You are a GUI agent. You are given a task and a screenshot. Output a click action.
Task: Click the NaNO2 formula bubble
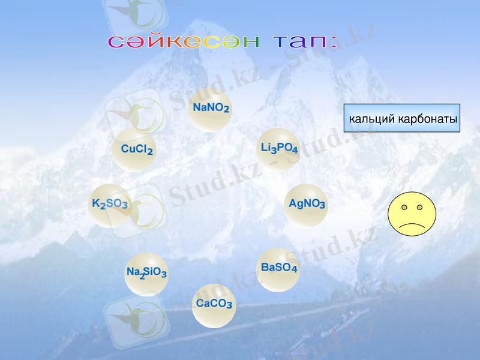(x=211, y=109)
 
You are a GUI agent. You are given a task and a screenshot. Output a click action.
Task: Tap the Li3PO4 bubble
(x=278, y=148)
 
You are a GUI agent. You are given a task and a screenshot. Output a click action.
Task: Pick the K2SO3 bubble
(x=110, y=205)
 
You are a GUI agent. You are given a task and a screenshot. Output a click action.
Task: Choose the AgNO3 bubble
(x=307, y=204)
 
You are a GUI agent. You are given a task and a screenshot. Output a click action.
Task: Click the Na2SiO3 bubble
(x=146, y=273)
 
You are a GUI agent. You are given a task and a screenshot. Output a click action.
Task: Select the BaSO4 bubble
(x=278, y=268)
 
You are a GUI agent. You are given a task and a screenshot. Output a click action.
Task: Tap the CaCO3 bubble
(x=214, y=304)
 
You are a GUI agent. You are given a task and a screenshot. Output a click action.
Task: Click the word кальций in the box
(x=372, y=119)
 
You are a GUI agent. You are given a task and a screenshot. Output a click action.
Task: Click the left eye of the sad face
(x=404, y=208)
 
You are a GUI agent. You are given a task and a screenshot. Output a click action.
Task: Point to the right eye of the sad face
(x=419, y=208)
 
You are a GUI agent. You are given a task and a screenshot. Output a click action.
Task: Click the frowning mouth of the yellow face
(x=412, y=224)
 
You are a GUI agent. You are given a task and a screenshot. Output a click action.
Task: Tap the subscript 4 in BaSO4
(x=294, y=270)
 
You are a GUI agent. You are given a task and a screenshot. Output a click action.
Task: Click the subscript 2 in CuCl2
(x=149, y=152)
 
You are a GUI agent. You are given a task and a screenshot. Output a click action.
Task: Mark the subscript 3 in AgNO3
(x=322, y=206)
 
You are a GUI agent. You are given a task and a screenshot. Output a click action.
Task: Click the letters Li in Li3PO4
(x=265, y=147)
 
